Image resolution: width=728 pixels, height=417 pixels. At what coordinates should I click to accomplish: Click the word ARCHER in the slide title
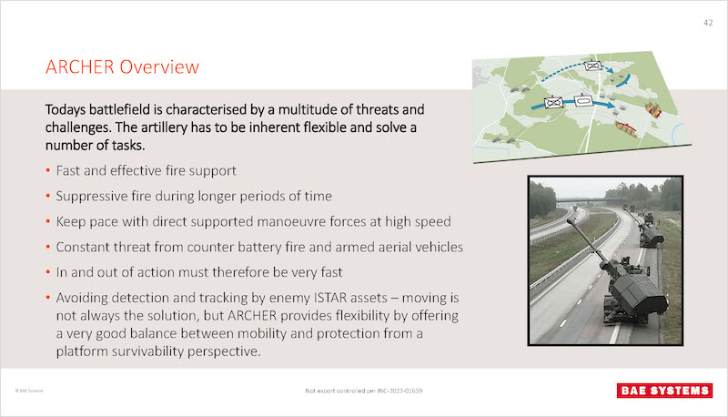pyautogui.click(x=80, y=66)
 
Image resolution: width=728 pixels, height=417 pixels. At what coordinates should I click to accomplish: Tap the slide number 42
pyautogui.click(x=708, y=23)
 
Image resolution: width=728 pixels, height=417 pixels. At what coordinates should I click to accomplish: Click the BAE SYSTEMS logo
pyautogui.click(x=665, y=391)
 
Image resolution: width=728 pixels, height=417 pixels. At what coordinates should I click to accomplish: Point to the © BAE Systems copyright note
pyautogui.click(x=29, y=391)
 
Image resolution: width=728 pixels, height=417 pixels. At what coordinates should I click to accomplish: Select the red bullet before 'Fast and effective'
pyautogui.click(x=48, y=171)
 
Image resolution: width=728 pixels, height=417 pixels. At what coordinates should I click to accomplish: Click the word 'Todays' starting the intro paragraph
pyautogui.click(x=66, y=110)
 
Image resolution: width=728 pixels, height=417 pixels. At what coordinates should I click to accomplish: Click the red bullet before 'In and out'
pyautogui.click(x=48, y=272)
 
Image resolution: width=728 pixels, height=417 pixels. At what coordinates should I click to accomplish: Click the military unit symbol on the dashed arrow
pyautogui.click(x=593, y=66)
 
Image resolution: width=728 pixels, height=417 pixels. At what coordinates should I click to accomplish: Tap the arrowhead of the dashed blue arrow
pyautogui.click(x=610, y=71)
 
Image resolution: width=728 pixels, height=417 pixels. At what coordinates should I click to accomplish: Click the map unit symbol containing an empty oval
pyautogui.click(x=582, y=100)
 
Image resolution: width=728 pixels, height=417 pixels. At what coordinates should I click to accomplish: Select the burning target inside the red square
pyautogui.click(x=652, y=109)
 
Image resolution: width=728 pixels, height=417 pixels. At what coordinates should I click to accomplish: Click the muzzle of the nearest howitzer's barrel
pyautogui.click(x=569, y=222)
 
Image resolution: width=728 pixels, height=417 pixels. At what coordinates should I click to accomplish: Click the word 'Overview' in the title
pyautogui.click(x=159, y=66)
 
